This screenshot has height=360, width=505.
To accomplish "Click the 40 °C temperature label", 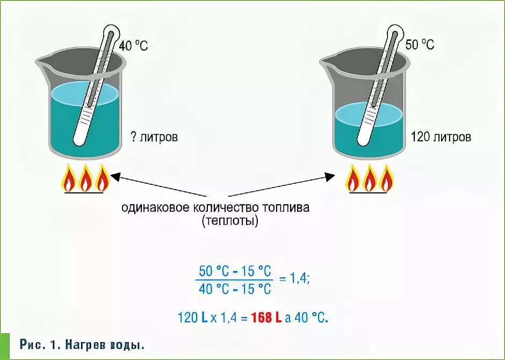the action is click(x=133, y=46).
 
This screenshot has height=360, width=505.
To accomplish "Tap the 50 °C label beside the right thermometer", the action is click(x=420, y=45).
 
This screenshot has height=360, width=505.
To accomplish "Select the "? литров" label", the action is click(x=154, y=137).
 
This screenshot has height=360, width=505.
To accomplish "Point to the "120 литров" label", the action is click(x=441, y=137).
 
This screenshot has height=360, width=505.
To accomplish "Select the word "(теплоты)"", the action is click(x=230, y=221).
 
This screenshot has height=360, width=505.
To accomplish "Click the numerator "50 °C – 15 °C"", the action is click(x=235, y=270).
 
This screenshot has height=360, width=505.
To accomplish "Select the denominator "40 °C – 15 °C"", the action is click(x=235, y=289).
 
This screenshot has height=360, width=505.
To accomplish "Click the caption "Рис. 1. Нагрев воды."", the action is click(x=82, y=345).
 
